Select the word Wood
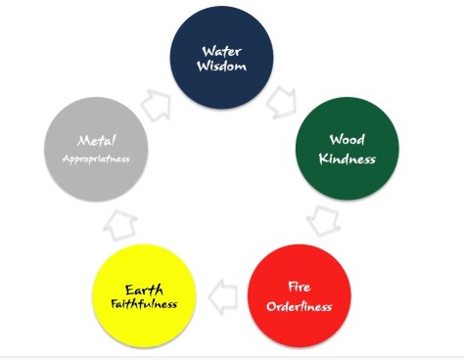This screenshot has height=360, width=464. pos(348,140)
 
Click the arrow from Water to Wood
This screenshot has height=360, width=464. pos(285,100)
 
